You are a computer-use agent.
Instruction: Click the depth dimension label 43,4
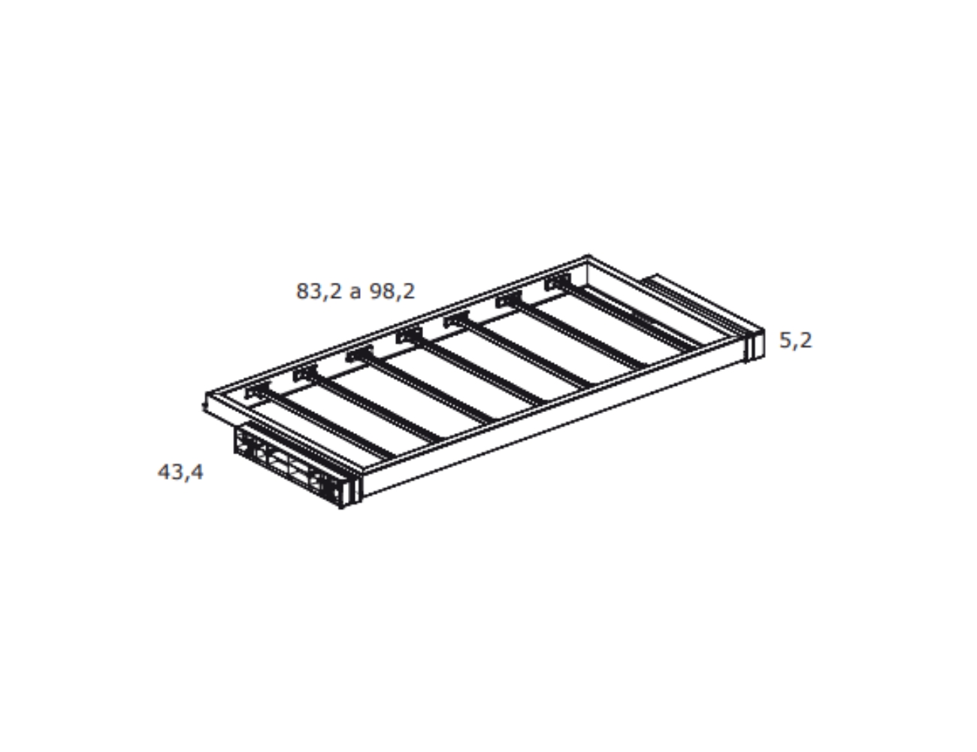[x=180, y=472]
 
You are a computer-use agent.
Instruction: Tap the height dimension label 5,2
[x=795, y=340]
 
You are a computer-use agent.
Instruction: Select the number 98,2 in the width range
[x=392, y=291]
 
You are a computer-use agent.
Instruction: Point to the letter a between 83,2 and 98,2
[x=355, y=293]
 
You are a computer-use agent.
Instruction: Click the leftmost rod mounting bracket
[x=257, y=390]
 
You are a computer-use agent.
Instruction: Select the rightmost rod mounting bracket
[x=557, y=281]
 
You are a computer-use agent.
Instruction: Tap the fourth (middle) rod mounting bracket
[x=409, y=335]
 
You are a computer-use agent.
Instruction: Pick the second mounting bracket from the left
[x=305, y=373]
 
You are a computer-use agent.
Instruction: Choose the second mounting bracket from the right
[x=509, y=299]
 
